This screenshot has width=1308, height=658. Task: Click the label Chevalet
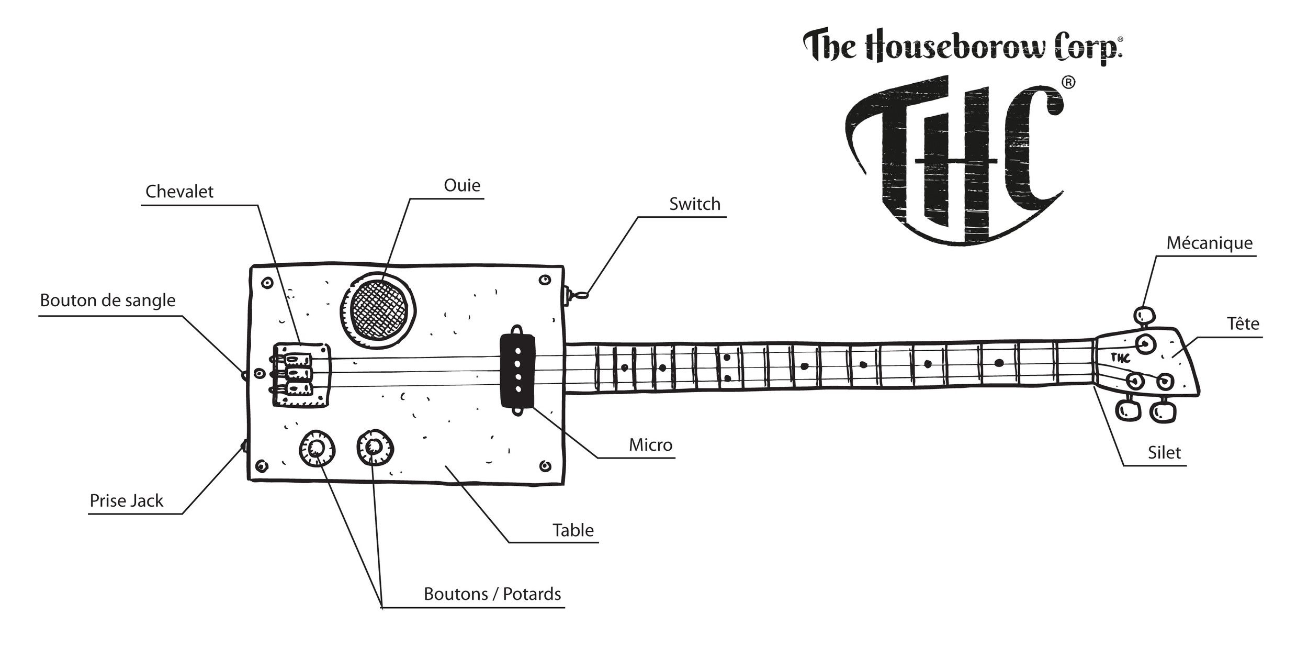click(x=179, y=192)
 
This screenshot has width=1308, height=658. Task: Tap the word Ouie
click(x=461, y=185)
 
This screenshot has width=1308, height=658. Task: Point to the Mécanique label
click(x=1209, y=243)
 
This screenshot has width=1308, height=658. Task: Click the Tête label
click(x=1243, y=324)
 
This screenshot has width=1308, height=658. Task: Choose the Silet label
click(x=1164, y=452)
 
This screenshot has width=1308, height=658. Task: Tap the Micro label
click(x=650, y=445)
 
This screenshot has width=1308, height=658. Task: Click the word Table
click(x=573, y=530)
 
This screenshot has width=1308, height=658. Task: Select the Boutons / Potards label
click(x=492, y=594)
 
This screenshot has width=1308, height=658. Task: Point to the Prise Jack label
click(x=126, y=501)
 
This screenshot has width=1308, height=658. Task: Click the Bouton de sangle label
click(x=107, y=300)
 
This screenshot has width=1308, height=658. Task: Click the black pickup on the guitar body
click(x=517, y=371)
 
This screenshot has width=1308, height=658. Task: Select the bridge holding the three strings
click(x=301, y=374)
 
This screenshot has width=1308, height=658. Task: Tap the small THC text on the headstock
click(x=1120, y=358)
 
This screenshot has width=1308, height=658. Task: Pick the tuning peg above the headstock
click(x=1144, y=316)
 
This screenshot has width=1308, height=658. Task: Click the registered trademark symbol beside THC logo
click(x=1068, y=83)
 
